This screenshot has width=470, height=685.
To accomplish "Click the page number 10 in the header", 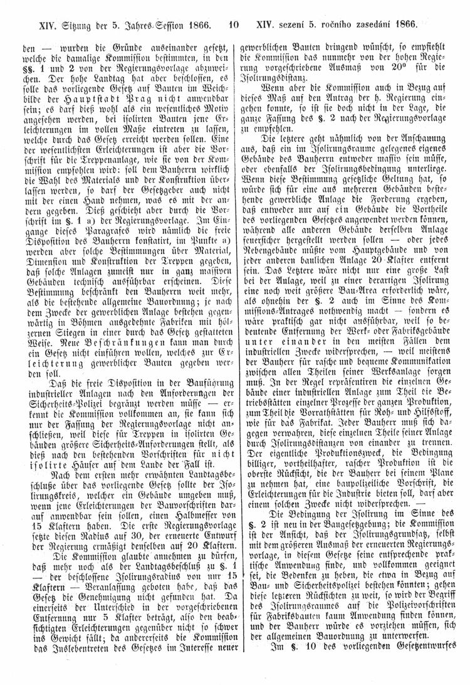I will (x=234, y=26).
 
